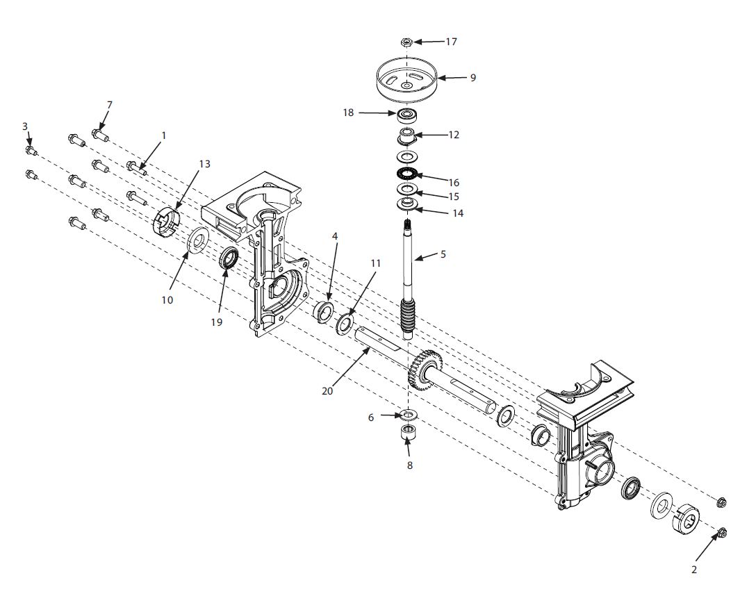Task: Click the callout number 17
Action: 451,42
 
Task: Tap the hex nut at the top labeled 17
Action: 408,42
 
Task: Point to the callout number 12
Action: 453,134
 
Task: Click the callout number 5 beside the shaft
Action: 443,255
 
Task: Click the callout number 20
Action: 327,391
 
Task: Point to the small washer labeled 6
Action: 408,415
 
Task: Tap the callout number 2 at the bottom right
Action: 693,570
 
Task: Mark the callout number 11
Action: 376,264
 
